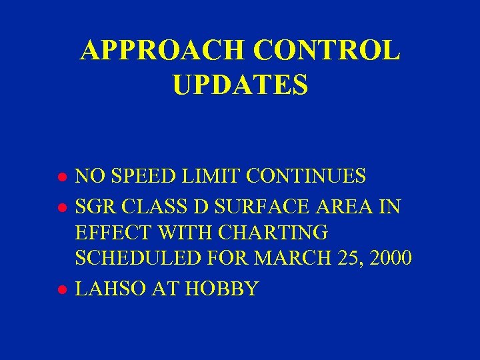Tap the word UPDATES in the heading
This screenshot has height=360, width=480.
(x=240, y=85)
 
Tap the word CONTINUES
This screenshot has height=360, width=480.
(x=307, y=177)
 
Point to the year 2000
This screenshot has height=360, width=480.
(x=388, y=258)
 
